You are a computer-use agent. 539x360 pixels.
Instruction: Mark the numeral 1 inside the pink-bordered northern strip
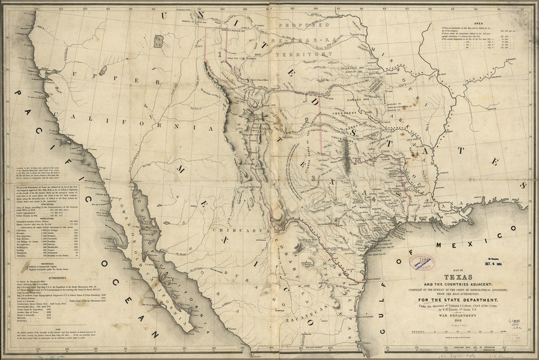coord(219,53)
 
